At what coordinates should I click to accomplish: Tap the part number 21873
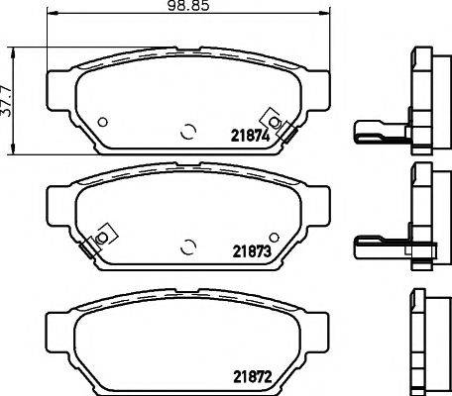pos(251,251)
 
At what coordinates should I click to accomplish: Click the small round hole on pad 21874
pos(104,123)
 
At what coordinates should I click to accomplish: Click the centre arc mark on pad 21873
pos(188,246)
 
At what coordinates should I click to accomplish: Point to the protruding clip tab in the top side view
pos(371,129)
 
